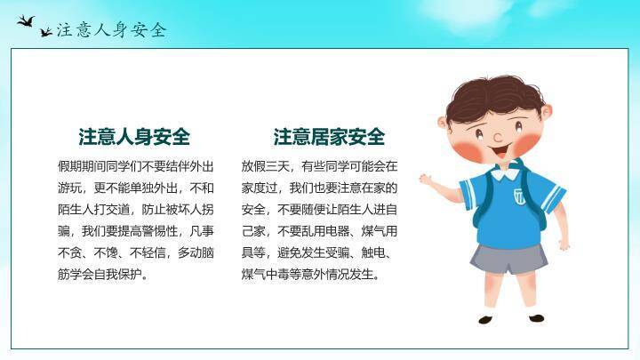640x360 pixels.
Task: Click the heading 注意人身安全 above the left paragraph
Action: pyautogui.click(x=134, y=137)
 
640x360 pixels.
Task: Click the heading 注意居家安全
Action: pyautogui.click(x=329, y=137)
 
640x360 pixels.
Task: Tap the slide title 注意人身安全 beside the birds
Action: pyautogui.click(x=112, y=29)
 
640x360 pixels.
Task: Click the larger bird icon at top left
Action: pyautogui.click(x=27, y=19)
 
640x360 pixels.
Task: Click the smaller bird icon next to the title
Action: pyautogui.click(x=46, y=32)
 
